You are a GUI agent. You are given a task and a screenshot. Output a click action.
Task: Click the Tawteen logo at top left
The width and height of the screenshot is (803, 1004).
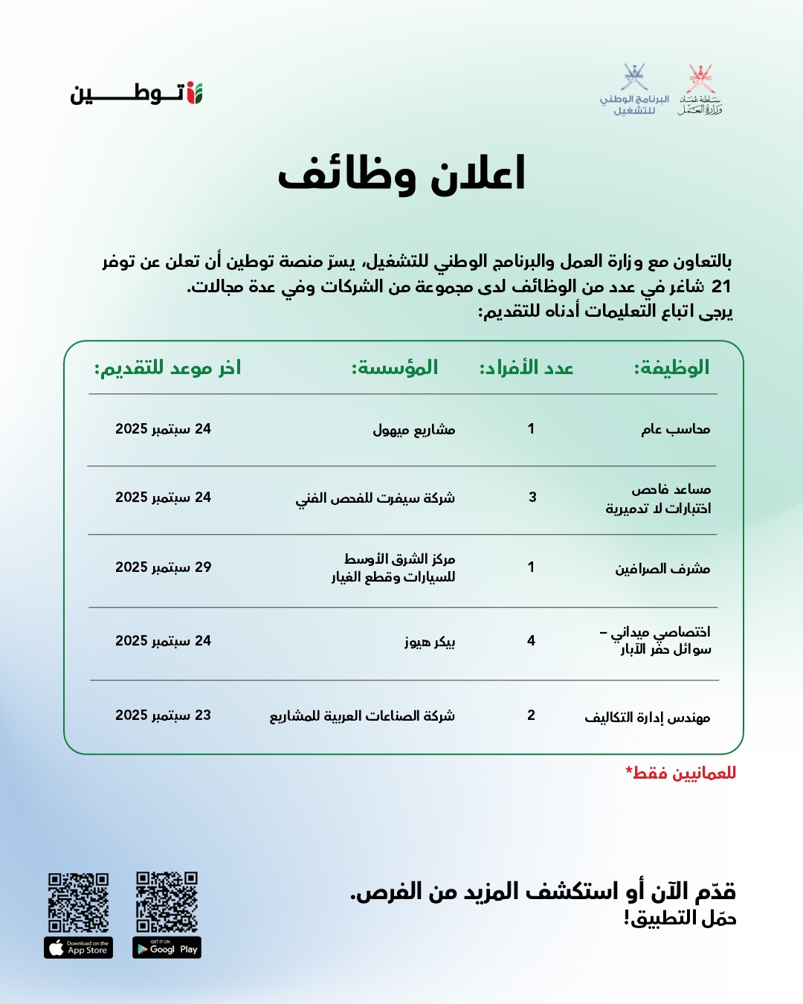pos(137,93)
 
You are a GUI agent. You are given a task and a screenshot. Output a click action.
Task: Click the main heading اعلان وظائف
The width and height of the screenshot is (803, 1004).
pos(401,175)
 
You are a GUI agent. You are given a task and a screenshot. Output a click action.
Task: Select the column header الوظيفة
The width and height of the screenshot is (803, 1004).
pos(671,367)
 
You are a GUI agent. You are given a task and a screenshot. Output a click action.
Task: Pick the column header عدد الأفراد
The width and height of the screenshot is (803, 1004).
pos(526,367)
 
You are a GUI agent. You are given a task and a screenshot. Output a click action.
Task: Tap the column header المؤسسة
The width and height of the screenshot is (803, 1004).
pos(395,367)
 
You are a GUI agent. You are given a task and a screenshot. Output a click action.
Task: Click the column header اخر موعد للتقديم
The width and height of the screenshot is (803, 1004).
pos(167,367)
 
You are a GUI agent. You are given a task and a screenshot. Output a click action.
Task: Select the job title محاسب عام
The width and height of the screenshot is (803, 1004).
pos(675,429)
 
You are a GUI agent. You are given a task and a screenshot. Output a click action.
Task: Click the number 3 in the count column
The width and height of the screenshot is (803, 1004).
pos(532,497)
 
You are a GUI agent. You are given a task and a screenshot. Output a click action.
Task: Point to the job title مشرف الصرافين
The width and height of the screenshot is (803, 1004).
pos(662,569)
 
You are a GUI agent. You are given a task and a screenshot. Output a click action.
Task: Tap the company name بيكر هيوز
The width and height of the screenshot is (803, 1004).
pos(430,641)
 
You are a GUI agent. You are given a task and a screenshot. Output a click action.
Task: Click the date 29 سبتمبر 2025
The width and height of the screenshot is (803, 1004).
pos(164,567)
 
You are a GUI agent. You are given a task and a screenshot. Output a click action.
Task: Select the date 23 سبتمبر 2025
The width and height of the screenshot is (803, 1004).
pos(164,715)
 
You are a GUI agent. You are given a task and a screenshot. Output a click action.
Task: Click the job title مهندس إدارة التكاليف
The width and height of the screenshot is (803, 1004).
pos(647,718)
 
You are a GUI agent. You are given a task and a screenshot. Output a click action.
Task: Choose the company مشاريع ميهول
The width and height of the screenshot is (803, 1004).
pos(413,430)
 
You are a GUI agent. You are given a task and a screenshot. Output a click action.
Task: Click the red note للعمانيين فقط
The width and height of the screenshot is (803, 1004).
pos(681,773)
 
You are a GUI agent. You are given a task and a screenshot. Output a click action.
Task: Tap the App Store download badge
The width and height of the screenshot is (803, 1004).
pos(78,947)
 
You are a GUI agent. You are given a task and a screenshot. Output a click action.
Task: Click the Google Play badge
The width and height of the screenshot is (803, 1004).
pos(167,947)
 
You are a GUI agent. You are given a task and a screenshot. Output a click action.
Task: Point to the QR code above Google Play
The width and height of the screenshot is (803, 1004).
pos(167,901)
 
